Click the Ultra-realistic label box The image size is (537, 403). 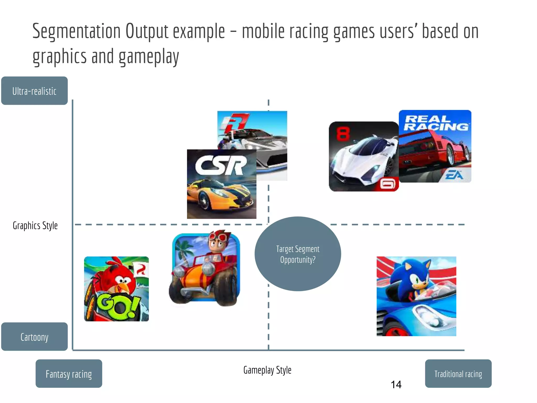tap(34, 91)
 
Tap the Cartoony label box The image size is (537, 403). tap(34, 337)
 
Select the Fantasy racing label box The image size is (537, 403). tap(69, 374)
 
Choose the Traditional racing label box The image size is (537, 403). tap(458, 374)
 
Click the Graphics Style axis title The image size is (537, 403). tap(35, 226)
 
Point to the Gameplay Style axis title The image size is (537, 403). tap(267, 370)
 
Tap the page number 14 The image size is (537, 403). tap(396, 385)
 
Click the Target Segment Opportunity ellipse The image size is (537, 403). tap(298, 254)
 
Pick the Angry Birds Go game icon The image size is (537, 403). tap(116, 289)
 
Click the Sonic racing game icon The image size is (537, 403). tap(416, 296)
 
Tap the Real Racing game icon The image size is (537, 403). tap(435, 146)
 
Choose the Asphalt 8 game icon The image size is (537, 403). tap(364, 156)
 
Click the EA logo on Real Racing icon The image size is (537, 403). tap(454, 174)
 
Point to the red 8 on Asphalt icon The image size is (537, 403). tap(343, 134)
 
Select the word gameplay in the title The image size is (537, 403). tap(149, 57)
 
